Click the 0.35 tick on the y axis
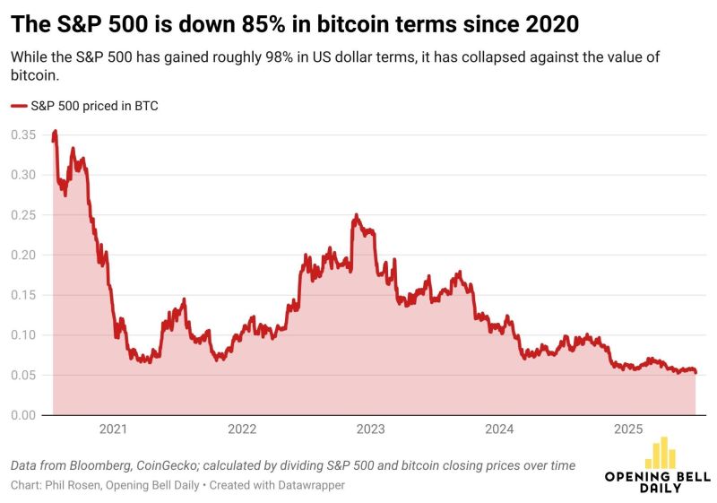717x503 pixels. [x=23, y=135]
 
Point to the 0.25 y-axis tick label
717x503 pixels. [x=23, y=215]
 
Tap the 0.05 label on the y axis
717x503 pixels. [x=23, y=375]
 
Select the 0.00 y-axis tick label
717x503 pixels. [x=23, y=415]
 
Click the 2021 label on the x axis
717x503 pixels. [x=113, y=429]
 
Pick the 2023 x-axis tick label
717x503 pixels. [x=371, y=429]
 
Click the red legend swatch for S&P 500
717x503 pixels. [x=19, y=106]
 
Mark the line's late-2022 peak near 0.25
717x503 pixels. [x=356, y=216]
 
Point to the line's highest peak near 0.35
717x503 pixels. [x=56, y=132]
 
